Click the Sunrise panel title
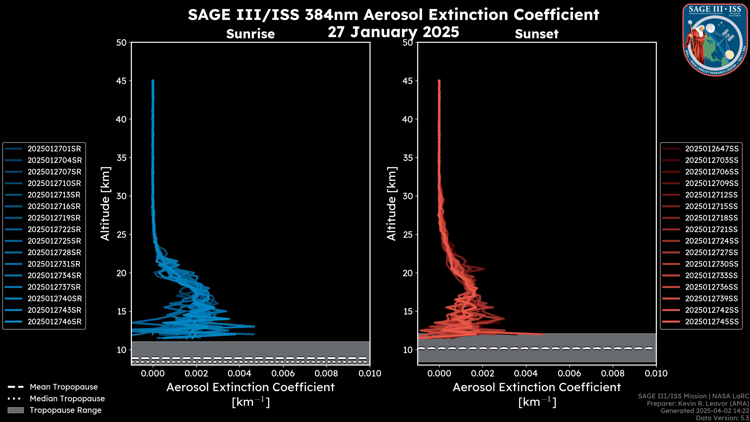point(250,34)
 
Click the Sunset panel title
point(537,34)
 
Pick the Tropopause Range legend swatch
point(16,410)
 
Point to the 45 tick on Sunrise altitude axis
point(121,81)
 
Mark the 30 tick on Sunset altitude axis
point(408,196)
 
